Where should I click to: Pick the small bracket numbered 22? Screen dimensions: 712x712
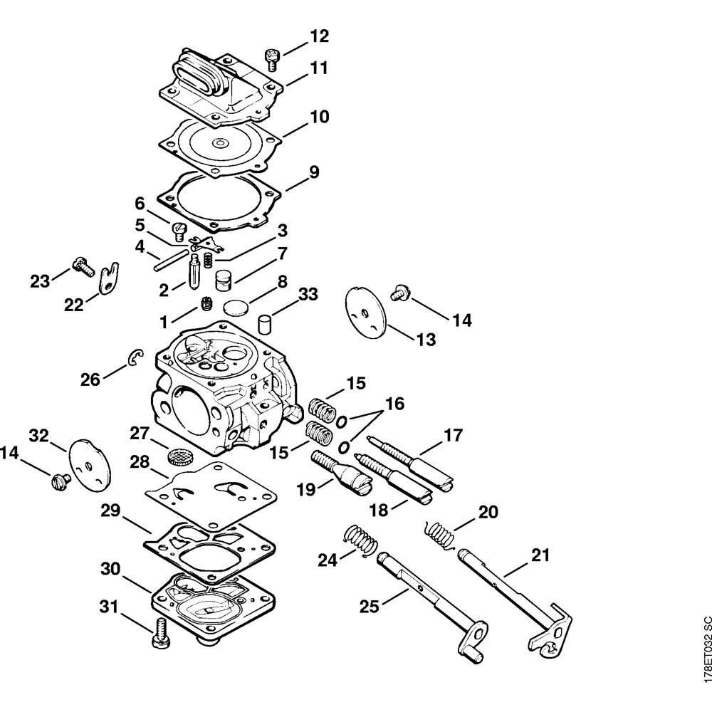click(x=109, y=278)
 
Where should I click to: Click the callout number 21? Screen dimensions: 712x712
click(x=540, y=555)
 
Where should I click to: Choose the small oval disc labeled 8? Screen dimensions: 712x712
click(x=236, y=308)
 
